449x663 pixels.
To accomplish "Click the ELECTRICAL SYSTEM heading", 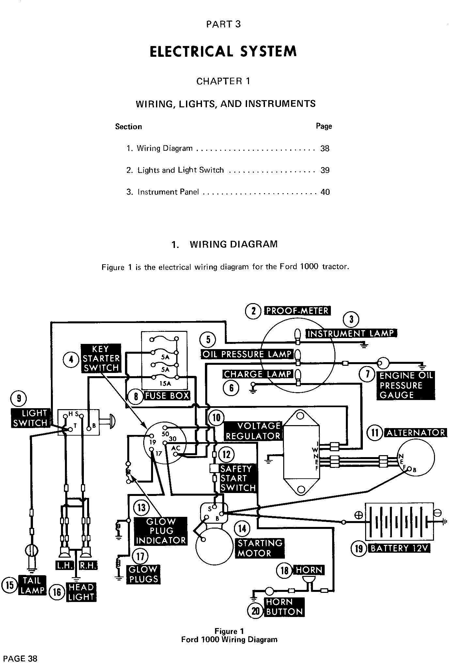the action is pos(223,52).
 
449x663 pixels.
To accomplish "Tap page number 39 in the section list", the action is pos(325,170).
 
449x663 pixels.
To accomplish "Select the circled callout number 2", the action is pos(253,311).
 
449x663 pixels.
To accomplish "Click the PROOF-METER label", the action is pos(297,311).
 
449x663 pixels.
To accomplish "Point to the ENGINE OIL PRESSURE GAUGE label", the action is pos(406,385).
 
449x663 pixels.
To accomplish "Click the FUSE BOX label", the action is pos(167,396).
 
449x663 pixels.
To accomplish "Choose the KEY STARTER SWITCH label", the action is pos(101,358).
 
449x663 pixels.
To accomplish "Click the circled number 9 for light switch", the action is pos(19,398).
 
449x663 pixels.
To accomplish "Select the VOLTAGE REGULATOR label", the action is pos(253,431).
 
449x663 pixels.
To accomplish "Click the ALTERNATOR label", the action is pos(416,433).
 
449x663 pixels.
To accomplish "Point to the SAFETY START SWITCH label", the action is pos(238,478).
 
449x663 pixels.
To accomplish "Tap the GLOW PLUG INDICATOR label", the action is pos(161,531).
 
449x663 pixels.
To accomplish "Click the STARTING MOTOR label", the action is pos(260,548).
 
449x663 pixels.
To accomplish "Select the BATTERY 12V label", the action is pos(399,548).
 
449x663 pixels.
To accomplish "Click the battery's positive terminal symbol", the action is pos(358,515).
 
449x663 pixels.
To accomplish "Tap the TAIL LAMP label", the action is pos(33,585).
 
